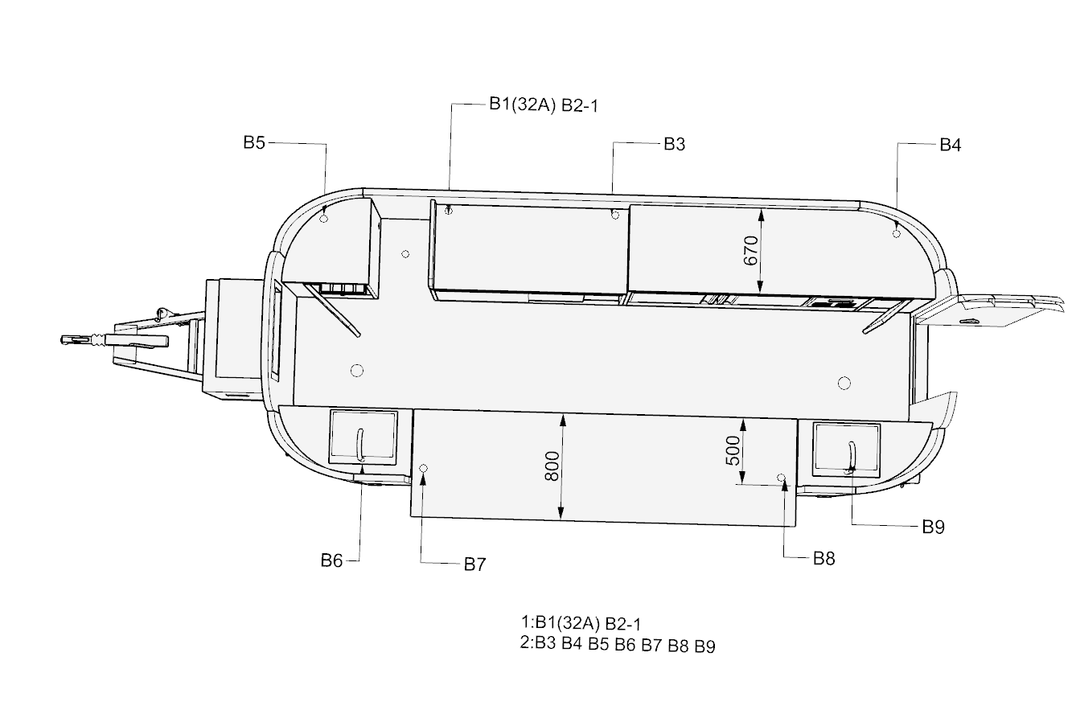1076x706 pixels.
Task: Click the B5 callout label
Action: [254, 142]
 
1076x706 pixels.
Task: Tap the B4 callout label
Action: [951, 145]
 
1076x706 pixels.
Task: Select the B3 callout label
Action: [675, 144]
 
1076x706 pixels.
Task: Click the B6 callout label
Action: [331, 560]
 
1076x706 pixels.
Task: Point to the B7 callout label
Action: [474, 564]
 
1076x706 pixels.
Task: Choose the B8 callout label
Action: [823, 559]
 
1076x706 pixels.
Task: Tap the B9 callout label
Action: [934, 527]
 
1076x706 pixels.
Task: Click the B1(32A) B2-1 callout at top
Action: [544, 105]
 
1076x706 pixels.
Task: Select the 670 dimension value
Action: [750, 250]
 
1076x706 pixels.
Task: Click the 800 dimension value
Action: [552, 466]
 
